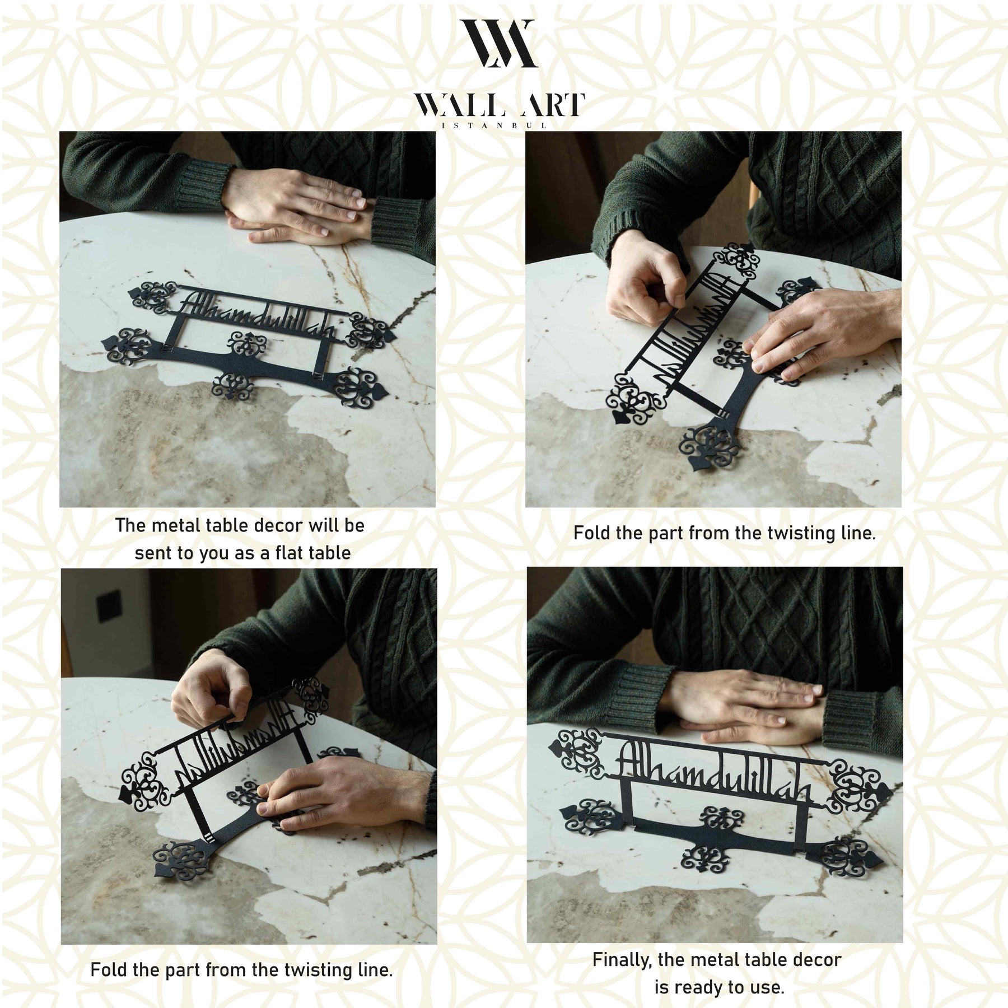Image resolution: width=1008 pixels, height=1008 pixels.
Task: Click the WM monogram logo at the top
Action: point(499,44)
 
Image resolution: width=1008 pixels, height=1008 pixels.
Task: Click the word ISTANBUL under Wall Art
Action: point(494,126)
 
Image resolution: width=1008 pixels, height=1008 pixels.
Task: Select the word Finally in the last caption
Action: point(623,959)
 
